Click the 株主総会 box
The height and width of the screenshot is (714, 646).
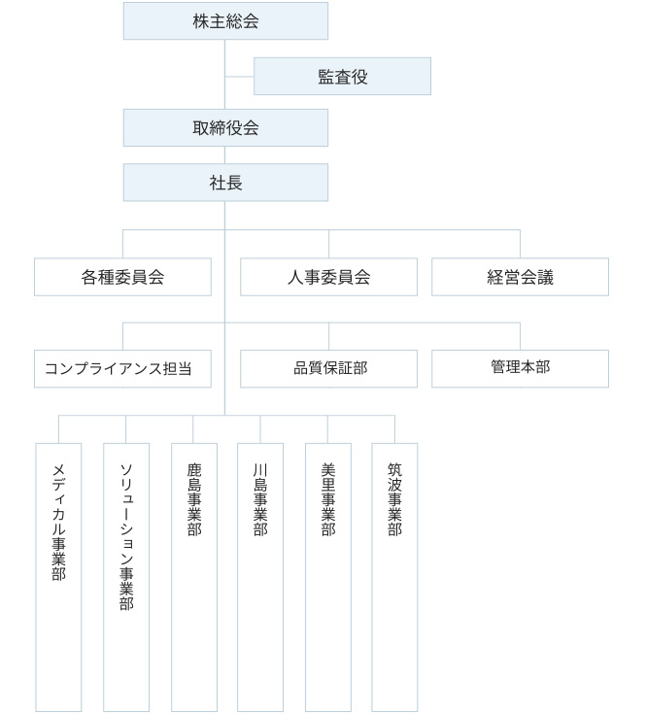coord(225,20)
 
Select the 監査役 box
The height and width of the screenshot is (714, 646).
coord(342,76)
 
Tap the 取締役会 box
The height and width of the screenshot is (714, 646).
coord(225,127)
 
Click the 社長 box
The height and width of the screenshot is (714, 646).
coord(225,182)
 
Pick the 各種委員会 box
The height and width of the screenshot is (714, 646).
coord(122,277)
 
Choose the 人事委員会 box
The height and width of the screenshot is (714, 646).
coord(328,277)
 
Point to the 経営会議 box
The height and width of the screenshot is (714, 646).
coord(520,277)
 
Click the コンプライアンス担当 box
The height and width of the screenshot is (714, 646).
coord(122,368)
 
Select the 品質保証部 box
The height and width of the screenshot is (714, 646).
coord(328,368)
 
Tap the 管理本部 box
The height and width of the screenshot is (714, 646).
coord(520,368)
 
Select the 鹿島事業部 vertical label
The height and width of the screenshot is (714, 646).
coord(193,499)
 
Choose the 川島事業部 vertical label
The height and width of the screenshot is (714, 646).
coord(259,499)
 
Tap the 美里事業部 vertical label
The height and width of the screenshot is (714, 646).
coord(327,499)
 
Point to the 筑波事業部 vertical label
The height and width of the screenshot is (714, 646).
coord(394,499)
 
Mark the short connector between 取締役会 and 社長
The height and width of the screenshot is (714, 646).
coord(225,154)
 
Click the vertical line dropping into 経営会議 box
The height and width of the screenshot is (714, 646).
coord(520,244)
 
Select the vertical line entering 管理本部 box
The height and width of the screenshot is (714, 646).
coord(520,335)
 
